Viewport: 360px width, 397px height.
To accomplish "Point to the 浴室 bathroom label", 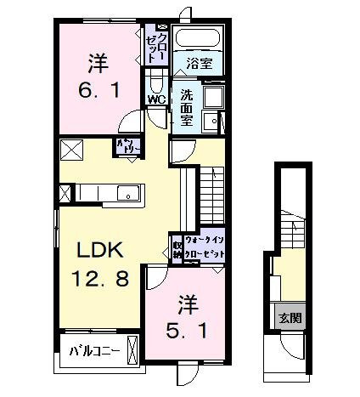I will (x=200, y=62).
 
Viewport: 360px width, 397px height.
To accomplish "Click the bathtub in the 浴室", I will (x=197, y=39).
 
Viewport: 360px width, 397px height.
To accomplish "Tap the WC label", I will (x=156, y=99).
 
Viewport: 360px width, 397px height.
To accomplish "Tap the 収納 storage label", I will (x=177, y=247).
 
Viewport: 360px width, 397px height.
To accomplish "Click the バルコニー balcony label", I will (x=93, y=350).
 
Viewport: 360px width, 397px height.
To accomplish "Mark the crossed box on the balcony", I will (x=132, y=349).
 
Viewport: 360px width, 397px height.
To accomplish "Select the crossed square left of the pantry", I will (x=70, y=150).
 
